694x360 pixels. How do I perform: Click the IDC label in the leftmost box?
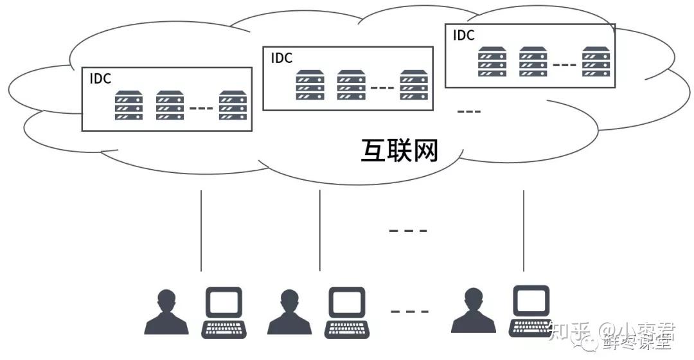click(100, 79)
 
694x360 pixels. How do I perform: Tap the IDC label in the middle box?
click(281, 58)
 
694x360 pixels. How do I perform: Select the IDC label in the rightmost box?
click(463, 35)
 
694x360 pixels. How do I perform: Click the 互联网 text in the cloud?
click(399, 150)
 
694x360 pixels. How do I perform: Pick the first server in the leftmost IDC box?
click(129, 105)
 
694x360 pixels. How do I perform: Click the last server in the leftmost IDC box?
click(233, 105)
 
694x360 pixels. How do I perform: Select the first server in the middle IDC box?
click(310, 85)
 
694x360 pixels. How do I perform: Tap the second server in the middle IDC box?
click(351, 85)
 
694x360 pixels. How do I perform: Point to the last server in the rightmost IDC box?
click(596, 62)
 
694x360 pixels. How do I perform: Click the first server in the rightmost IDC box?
click(492, 62)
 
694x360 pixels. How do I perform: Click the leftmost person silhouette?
click(166, 312)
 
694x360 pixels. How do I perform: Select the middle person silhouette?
click(289, 312)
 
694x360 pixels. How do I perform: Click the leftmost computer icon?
click(223, 312)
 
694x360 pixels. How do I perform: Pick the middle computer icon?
click(346, 312)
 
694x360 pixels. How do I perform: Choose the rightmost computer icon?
click(531, 311)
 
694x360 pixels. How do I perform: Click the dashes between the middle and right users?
click(409, 312)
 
